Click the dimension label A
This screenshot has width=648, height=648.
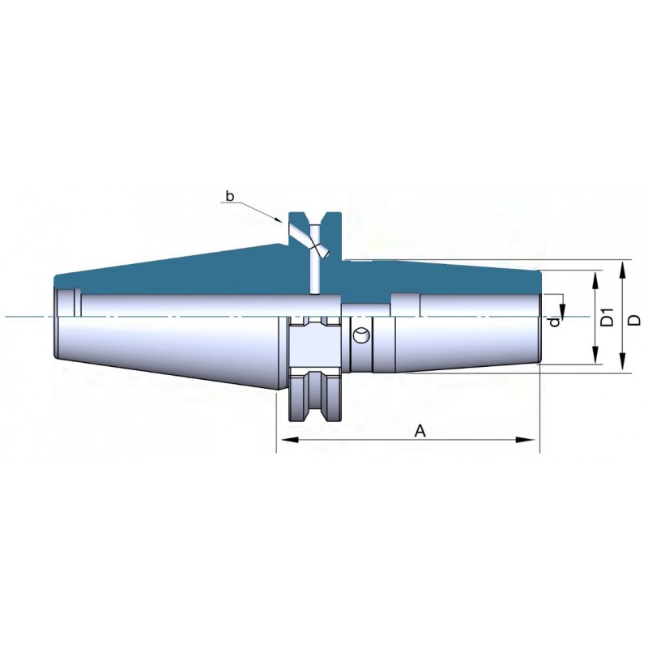(420, 431)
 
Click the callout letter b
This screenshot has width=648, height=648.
(230, 196)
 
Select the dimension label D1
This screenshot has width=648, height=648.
(607, 317)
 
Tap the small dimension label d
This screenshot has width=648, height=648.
(555, 321)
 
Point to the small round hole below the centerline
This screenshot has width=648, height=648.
(361, 335)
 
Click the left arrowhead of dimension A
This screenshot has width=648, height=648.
(288, 440)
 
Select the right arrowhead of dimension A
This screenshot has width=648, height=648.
(528, 440)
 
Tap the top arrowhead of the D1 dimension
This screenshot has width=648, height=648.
(595, 281)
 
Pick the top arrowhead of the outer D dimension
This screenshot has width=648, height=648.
(623, 271)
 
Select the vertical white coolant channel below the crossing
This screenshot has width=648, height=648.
(315, 273)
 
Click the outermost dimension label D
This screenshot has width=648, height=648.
(635, 319)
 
